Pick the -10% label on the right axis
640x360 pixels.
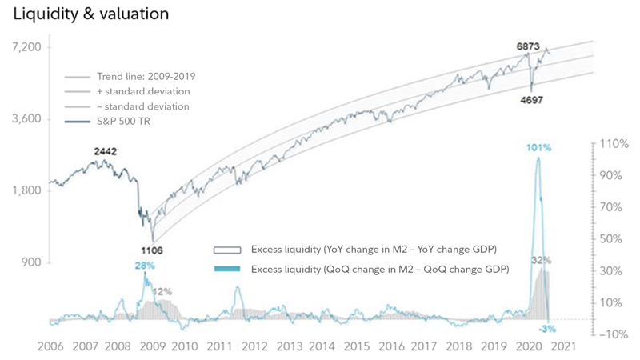612,334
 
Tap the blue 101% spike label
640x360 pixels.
539,148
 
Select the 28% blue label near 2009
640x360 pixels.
145,265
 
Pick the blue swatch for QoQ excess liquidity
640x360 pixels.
229,268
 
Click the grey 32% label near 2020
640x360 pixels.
542,260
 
